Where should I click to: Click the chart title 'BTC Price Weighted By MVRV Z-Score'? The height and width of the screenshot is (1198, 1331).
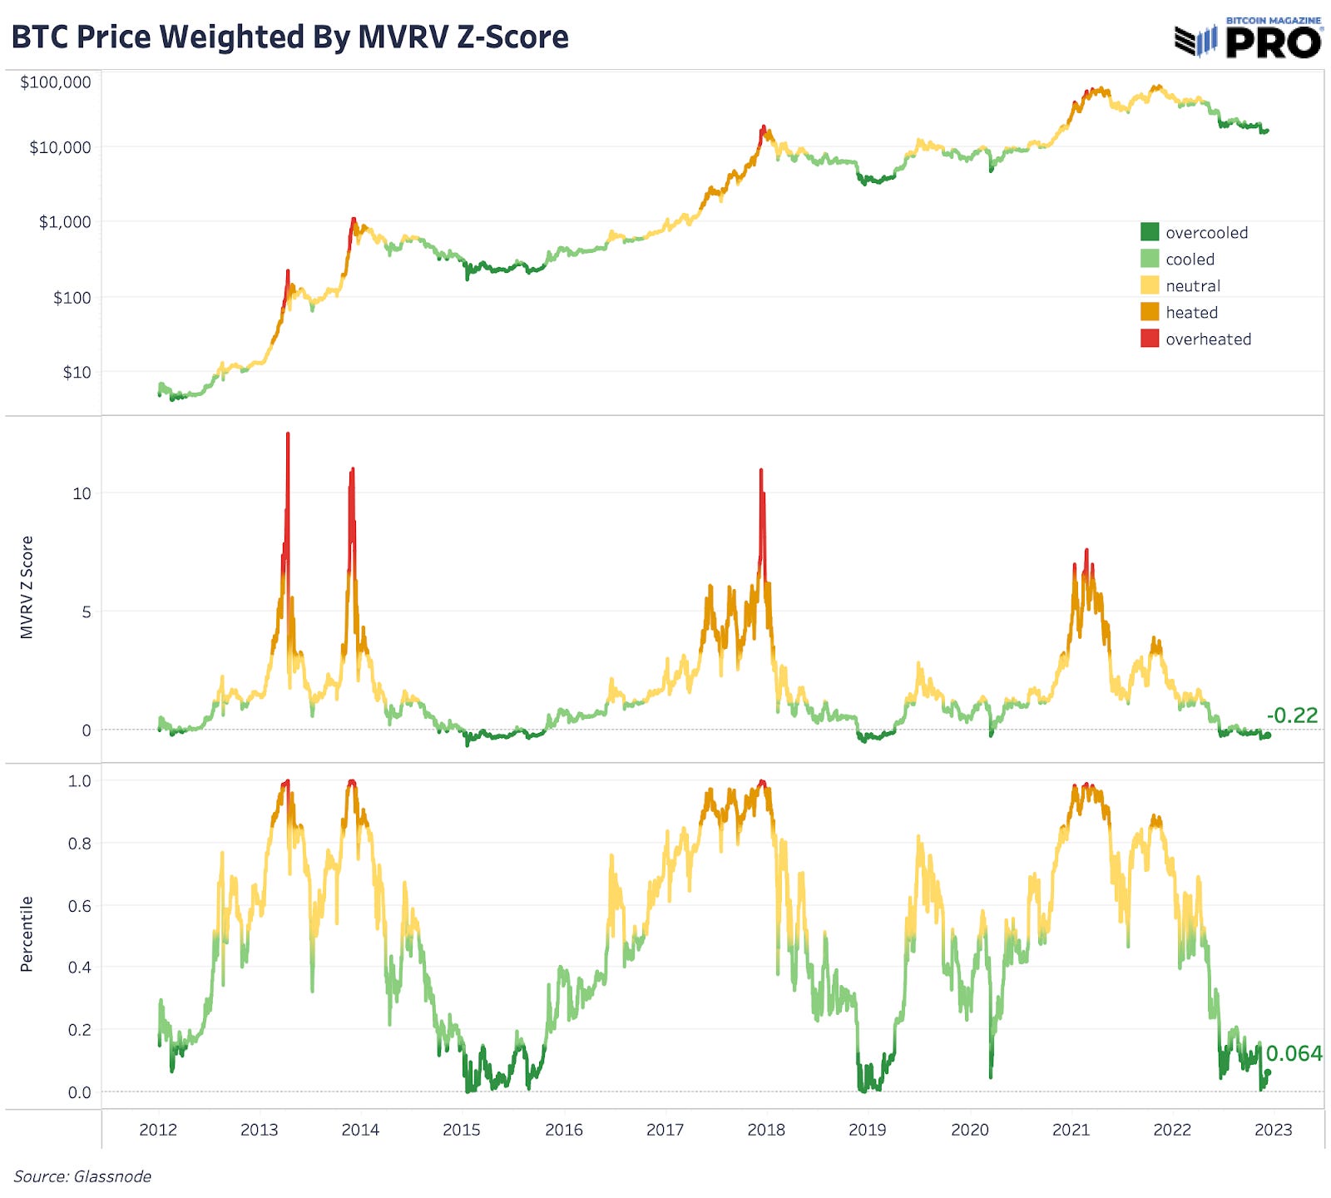289,37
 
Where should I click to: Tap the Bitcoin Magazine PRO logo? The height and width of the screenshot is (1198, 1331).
1248,38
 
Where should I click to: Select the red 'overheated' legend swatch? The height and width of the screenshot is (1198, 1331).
1150,339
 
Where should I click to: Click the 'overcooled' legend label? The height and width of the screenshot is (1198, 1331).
1206,233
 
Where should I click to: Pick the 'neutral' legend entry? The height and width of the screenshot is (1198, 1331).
1193,286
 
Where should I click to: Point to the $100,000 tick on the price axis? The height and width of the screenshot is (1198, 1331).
56,82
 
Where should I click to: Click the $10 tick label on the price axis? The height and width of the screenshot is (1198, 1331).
77,372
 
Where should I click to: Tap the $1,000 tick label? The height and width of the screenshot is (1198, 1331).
65,222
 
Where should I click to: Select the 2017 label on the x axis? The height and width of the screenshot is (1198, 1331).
665,1130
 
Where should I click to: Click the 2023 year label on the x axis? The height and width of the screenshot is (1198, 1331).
1273,1130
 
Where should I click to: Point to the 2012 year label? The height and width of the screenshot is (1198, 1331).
158,1130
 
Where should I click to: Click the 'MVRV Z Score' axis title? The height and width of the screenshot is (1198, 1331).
27,587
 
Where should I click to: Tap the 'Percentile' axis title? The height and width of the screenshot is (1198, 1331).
27,933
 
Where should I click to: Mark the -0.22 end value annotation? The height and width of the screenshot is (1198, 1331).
1292,715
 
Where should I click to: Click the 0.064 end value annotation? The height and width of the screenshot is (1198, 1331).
1294,1053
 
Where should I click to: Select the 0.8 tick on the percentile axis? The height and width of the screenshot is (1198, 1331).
79,844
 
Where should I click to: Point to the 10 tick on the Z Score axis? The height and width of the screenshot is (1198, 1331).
82,493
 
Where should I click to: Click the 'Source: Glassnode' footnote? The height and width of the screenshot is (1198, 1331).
82,1176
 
